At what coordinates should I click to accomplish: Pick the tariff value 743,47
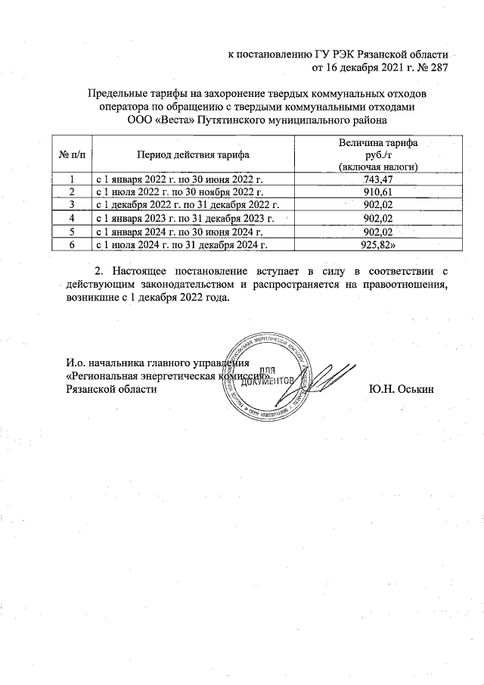point(379,179)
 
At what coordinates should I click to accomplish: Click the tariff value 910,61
point(379,192)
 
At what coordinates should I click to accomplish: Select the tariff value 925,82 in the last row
point(379,244)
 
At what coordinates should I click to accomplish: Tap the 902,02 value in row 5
point(379,232)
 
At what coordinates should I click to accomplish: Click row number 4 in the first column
point(72,219)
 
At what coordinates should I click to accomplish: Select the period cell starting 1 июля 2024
point(181,244)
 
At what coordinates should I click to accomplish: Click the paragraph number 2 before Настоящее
point(95,270)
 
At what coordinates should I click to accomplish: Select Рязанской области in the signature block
point(112,389)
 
